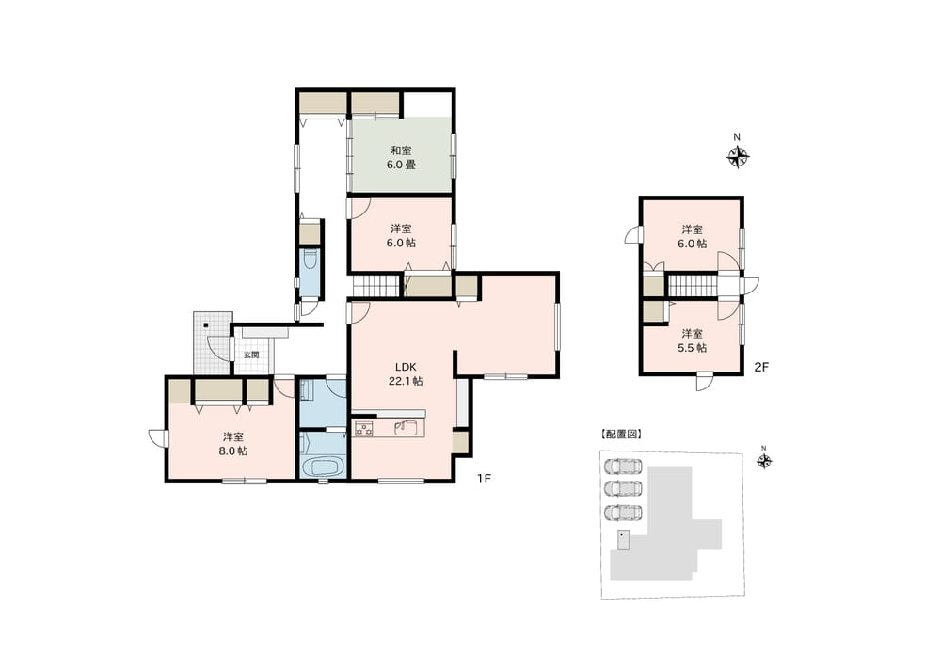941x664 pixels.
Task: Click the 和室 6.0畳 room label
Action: coord(401,157)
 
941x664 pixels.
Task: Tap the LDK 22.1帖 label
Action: coord(405,373)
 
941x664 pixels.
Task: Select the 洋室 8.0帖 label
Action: coord(232,444)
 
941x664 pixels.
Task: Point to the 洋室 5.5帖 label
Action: coord(692,340)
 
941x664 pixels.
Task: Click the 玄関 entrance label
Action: coord(251,355)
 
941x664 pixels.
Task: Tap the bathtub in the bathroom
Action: coord(324,466)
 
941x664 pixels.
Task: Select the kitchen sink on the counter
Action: coord(408,428)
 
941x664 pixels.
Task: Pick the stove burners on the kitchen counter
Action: coord(363,428)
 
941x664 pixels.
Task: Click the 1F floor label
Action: coord(484,479)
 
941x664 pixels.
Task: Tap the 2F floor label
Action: coord(761,367)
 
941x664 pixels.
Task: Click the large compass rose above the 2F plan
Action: coord(738,158)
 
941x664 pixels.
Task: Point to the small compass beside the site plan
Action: coord(764,461)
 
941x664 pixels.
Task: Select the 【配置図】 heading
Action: coord(620,434)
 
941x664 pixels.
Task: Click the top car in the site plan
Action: coord(622,466)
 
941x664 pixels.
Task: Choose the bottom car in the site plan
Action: coord(622,514)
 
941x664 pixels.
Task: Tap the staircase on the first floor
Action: coord(375,286)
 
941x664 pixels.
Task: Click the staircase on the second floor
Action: coord(693,286)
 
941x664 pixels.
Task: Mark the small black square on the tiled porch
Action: coord(206,325)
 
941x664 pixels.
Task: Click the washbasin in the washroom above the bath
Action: coord(306,391)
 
